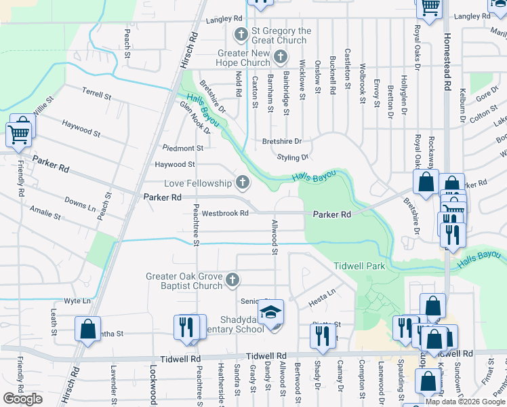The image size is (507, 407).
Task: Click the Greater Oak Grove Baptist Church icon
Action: (232, 279)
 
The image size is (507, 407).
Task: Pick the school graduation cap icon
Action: (271, 312)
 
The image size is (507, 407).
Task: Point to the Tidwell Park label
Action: (359, 266)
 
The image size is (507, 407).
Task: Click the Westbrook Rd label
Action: (224, 213)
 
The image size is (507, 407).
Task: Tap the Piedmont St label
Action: (182, 148)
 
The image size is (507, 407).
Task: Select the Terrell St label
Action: (96, 94)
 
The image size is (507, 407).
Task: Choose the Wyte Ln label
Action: (77, 301)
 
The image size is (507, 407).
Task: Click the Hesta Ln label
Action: (323, 293)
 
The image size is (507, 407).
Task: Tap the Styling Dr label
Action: (293, 157)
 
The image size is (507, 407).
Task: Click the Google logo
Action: (22, 398)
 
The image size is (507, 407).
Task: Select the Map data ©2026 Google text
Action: (465, 402)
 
